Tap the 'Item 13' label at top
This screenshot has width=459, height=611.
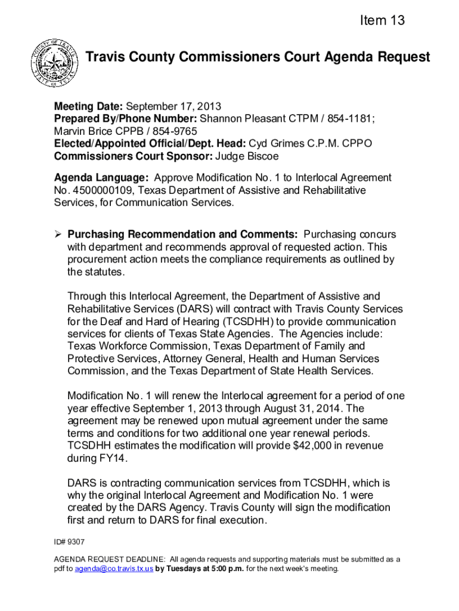pos(382,21)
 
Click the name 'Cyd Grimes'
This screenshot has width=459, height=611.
pos(274,144)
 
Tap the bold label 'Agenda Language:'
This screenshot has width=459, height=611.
pos(101,177)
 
